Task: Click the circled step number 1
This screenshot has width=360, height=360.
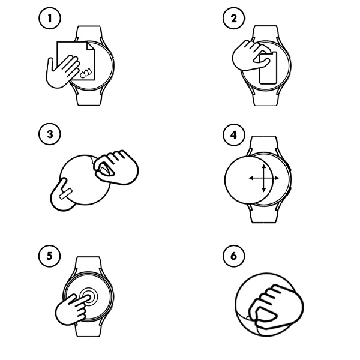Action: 49,19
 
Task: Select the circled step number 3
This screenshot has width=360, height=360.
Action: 49,134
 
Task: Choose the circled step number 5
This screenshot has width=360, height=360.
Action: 49,256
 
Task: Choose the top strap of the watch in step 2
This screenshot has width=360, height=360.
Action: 266,33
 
